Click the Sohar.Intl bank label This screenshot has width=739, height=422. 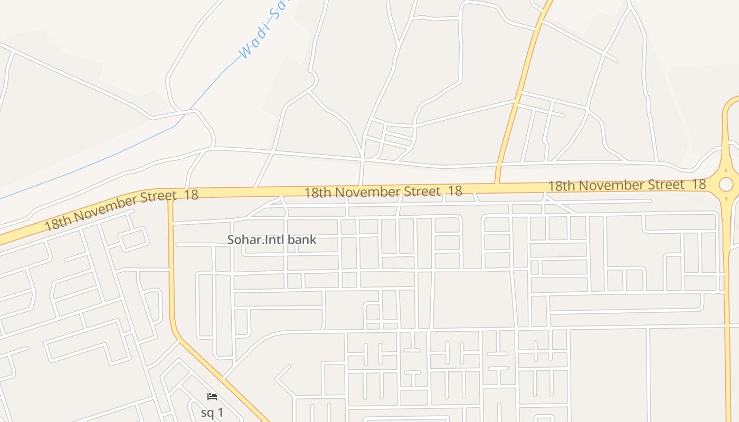click(271, 239)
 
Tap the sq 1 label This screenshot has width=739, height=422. click(212, 413)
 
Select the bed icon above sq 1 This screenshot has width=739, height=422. click(212, 397)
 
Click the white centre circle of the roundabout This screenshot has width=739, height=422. click(726, 184)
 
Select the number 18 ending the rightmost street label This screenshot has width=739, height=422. click(698, 184)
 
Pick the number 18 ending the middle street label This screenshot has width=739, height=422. click(455, 191)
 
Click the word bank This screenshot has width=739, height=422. click(302, 239)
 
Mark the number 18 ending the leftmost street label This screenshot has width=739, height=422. click(191, 195)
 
